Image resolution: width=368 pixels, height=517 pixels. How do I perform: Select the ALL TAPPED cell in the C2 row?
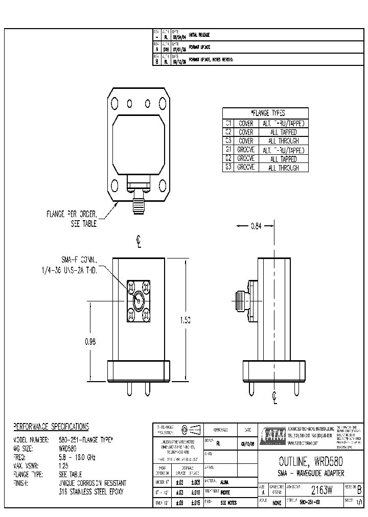(x=284, y=132)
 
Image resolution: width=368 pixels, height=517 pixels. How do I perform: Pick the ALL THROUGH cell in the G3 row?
(x=284, y=168)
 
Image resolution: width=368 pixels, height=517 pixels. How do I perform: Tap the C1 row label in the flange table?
(x=228, y=123)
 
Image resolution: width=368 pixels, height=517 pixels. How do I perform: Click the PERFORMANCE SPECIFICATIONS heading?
(x=51, y=427)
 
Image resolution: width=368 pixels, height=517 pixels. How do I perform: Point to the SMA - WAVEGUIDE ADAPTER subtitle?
(x=307, y=473)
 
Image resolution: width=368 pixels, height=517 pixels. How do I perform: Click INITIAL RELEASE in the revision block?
(x=199, y=35)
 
